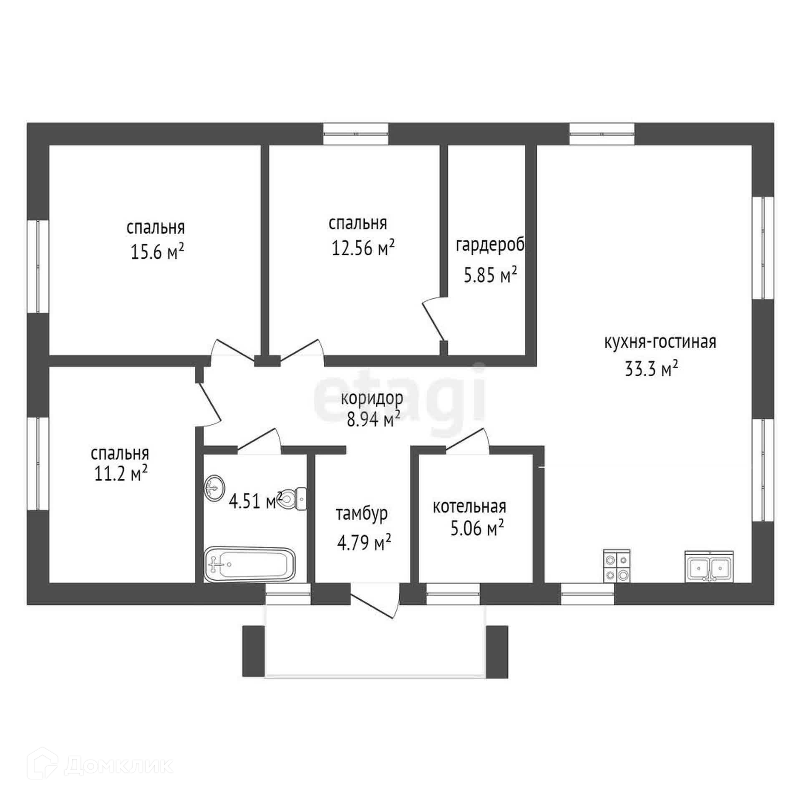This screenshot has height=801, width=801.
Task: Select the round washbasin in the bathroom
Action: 214,487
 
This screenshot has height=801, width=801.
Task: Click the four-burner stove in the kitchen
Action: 617,566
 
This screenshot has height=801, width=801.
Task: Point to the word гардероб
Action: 490,245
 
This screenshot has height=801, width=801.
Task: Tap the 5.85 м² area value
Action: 491,275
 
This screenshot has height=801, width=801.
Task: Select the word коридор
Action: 372,398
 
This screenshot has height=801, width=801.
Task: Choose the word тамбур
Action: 362,514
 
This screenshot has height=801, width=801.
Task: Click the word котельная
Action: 469,507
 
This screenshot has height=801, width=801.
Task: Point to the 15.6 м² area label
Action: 157,252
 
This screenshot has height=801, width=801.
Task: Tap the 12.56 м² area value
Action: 363,248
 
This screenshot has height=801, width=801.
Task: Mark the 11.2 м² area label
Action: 121,474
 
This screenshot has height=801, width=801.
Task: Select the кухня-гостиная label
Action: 660,342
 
